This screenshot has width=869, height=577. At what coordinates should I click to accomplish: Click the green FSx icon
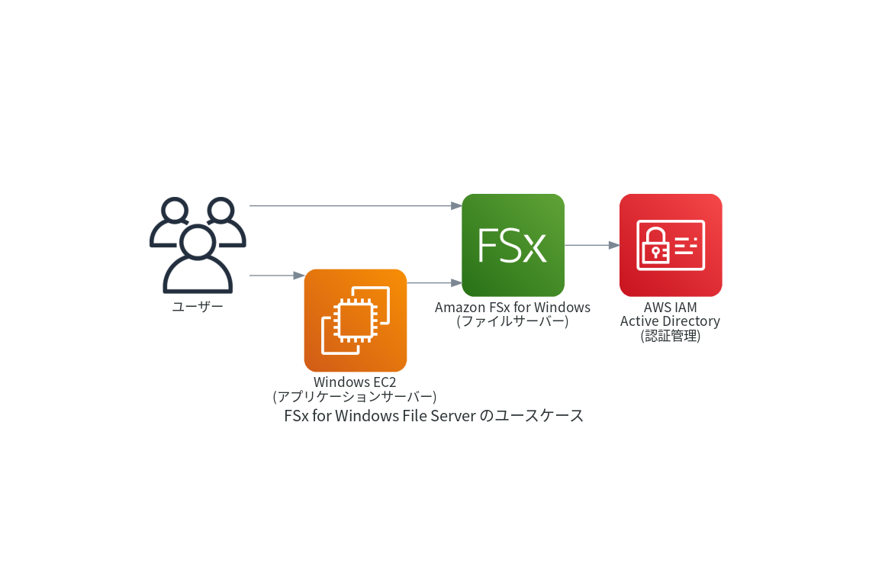[513, 245]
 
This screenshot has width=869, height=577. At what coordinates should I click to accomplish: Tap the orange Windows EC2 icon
[356, 321]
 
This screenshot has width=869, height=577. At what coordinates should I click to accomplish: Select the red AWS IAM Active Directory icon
[671, 245]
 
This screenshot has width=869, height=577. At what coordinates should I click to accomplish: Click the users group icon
[198, 245]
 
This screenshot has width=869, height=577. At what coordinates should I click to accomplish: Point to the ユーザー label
[198, 307]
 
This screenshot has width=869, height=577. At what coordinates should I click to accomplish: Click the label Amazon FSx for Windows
[513, 307]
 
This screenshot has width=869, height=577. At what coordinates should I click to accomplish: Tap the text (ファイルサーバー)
[513, 321]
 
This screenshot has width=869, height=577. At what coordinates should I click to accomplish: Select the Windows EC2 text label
[355, 382]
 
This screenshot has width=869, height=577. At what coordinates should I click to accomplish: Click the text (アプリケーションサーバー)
[355, 396]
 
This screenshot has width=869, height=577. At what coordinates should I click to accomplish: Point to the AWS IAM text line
[670, 307]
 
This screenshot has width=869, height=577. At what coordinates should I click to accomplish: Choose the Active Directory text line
[670, 321]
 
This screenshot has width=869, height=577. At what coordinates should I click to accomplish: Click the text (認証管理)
[670, 335]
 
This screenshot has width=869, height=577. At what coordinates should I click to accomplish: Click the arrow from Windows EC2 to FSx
[433, 282]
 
